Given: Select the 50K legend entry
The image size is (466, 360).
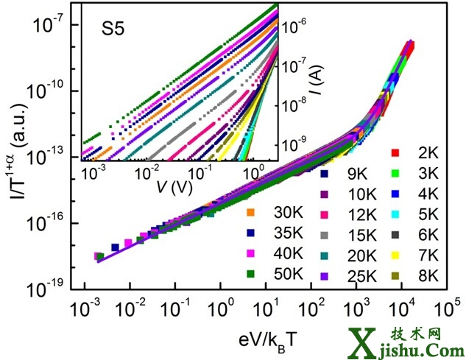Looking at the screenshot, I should (x=267, y=275).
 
